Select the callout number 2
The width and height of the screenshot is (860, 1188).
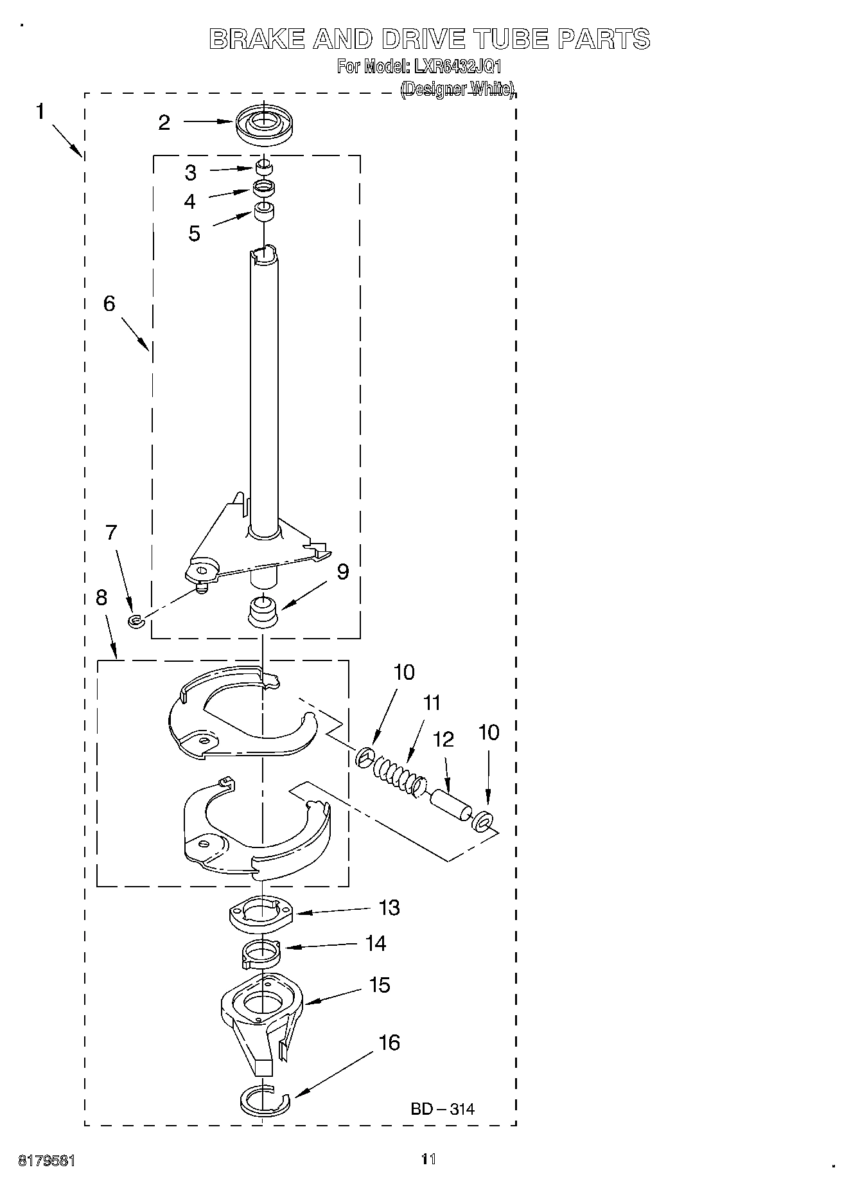pyautogui.click(x=164, y=122)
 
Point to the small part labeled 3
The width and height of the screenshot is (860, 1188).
pyautogui.click(x=263, y=168)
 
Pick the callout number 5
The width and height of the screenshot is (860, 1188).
pyautogui.click(x=194, y=233)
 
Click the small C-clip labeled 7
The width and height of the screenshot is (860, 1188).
pyautogui.click(x=135, y=621)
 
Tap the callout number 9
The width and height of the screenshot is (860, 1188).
pyautogui.click(x=343, y=572)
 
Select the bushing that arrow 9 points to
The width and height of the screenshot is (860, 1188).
pyautogui.click(x=263, y=610)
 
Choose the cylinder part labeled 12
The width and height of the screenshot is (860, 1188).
pyautogui.click(x=450, y=806)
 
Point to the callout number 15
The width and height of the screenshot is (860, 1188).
pyautogui.click(x=380, y=984)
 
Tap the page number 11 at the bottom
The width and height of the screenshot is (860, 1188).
pyautogui.click(x=428, y=1159)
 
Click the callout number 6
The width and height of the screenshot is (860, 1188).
pyautogui.click(x=109, y=303)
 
